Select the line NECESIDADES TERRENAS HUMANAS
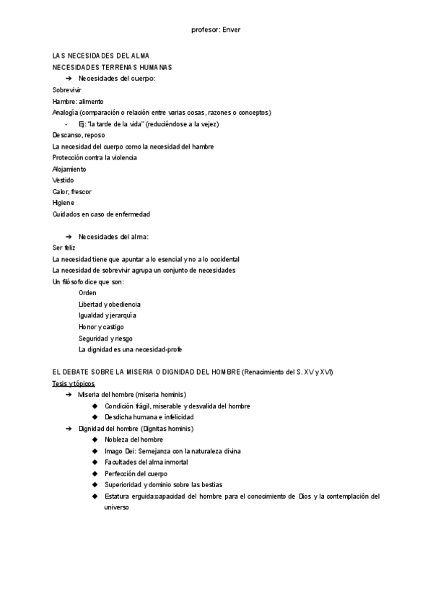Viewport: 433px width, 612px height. [107, 67]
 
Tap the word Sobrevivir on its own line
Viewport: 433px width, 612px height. [67, 89]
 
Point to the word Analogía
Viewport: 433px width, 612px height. [65, 113]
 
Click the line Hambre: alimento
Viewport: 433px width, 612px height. [78, 101]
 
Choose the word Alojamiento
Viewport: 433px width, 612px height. [69, 169]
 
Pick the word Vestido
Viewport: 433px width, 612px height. [63, 180]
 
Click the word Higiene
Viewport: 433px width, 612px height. [64, 203]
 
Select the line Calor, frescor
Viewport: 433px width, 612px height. [72, 191]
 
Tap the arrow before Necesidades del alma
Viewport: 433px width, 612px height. [69, 237]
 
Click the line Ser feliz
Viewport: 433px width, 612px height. [64, 248]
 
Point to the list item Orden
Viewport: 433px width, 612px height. [87, 293]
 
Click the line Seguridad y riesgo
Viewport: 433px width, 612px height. [105, 338]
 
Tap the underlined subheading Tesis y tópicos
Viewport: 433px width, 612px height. [74, 383]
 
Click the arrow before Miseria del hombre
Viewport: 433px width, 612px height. [69, 395]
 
